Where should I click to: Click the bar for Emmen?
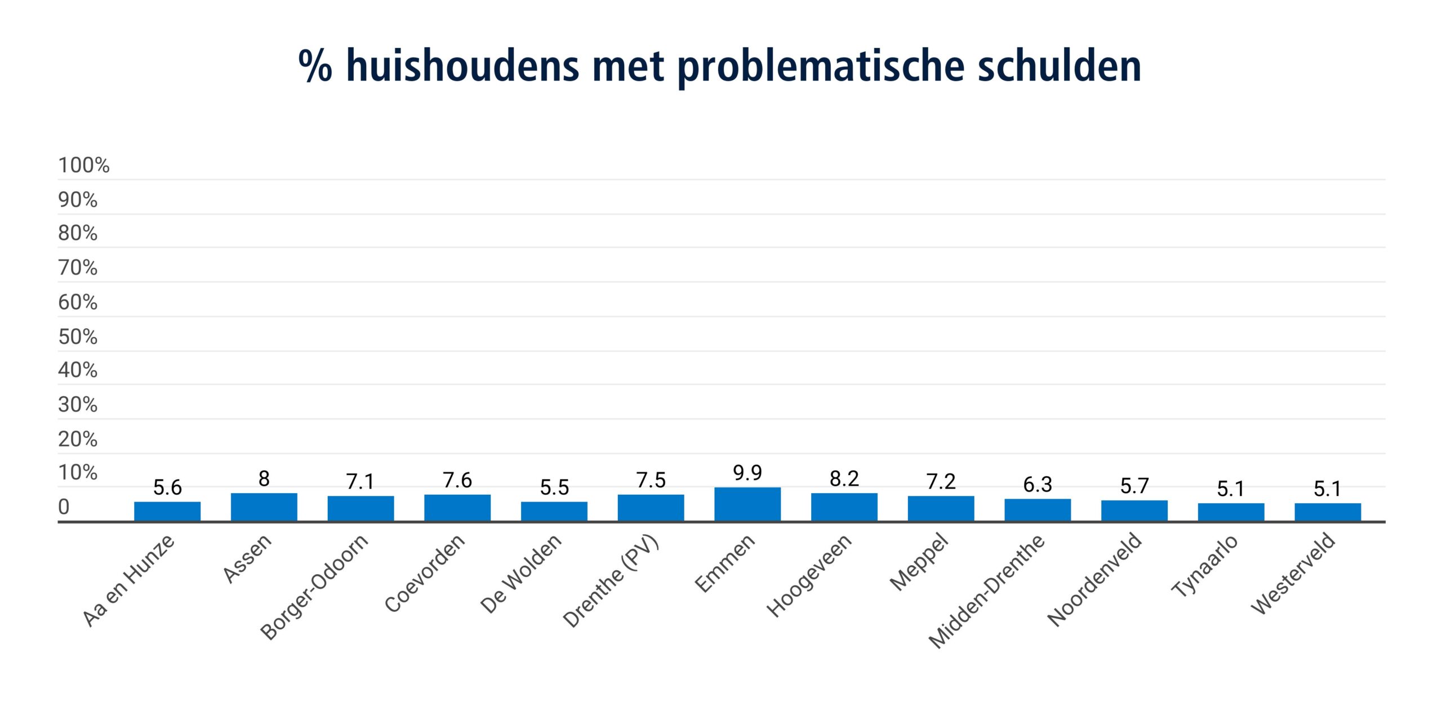(x=747, y=504)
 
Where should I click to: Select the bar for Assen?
(x=264, y=507)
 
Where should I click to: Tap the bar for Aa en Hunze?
(x=167, y=511)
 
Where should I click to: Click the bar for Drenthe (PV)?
(x=651, y=508)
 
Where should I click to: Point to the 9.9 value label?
(x=747, y=473)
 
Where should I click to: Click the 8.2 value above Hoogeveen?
(x=844, y=479)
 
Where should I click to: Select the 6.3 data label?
(x=1037, y=485)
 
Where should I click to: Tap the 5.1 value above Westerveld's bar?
(x=1327, y=489)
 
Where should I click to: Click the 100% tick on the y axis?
(x=83, y=165)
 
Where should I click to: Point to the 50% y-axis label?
(x=78, y=337)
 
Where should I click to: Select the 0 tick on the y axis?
(x=64, y=507)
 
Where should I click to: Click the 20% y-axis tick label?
(x=78, y=440)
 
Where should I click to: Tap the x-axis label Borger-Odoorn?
(x=314, y=586)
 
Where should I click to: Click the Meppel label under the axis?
(x=919, y=562)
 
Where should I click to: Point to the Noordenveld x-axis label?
(x=1094, y=579)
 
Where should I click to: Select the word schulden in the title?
(x=1059, y=66)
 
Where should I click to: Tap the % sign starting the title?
(x=315, y=66)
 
